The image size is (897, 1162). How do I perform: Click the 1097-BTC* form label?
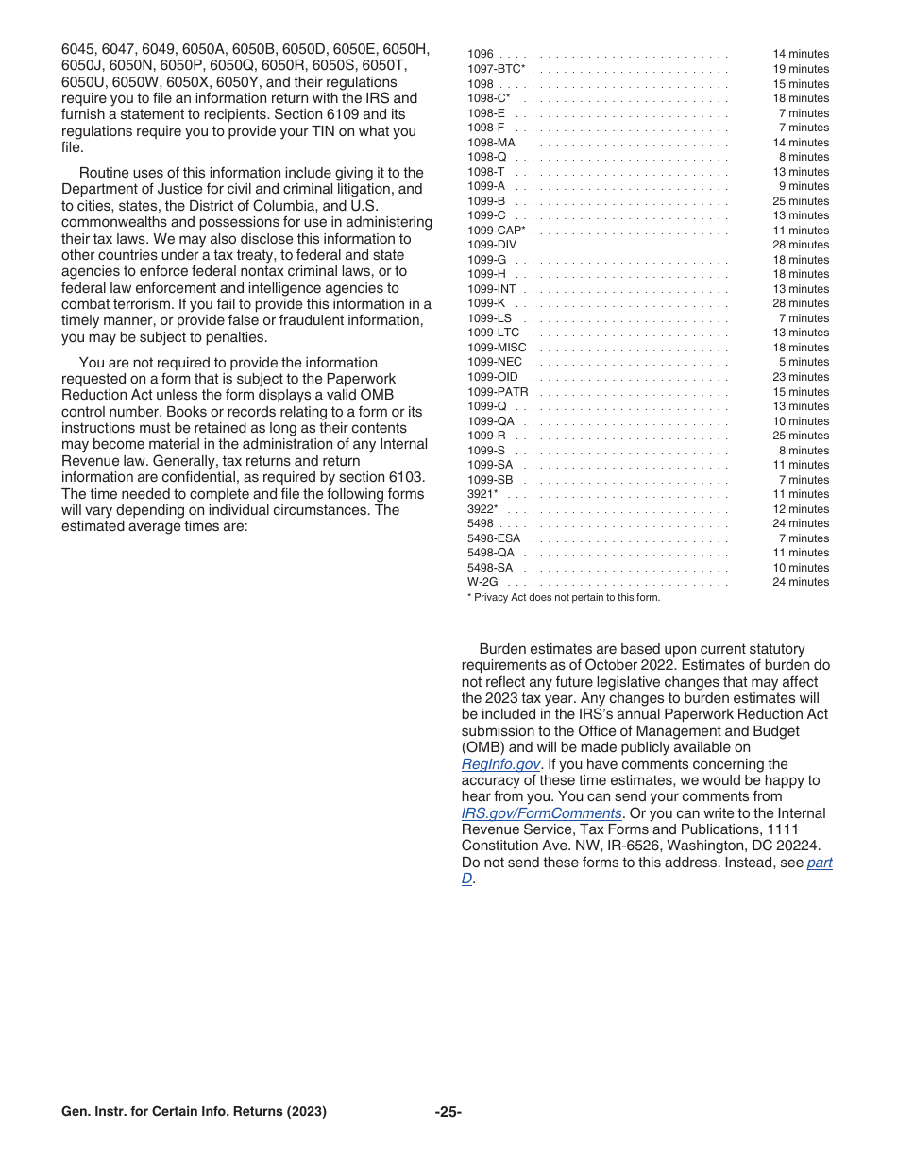click(496, 69)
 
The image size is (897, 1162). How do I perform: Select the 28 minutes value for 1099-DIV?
click(800, 245)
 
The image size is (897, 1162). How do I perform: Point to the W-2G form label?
click(482, 582)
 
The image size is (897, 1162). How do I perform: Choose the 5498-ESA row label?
click(494, 538)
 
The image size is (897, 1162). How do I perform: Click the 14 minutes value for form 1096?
click(800, 55)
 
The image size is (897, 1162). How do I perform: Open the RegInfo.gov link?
click(500, 764)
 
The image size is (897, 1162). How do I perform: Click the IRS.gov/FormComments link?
click(541, 813)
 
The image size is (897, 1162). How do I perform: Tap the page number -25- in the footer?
click(448, 1112)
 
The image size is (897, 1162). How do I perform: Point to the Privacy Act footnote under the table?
click(564, 597)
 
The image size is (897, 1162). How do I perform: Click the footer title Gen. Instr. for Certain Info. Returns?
click(194, 1112)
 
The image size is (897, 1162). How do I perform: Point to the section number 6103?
click(404, 477)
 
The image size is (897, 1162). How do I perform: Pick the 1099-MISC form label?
click(497, 348)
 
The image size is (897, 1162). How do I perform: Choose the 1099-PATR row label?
click(498, 392)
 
